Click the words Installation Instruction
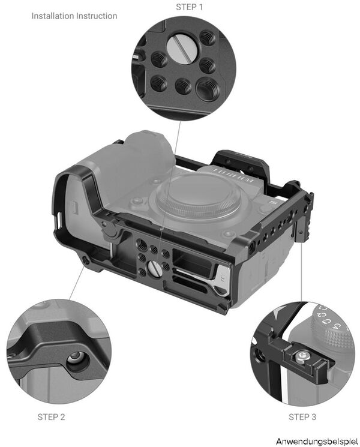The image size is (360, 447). point(74,16)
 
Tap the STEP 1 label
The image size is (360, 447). point(190,7)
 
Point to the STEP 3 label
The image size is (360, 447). point(302,416)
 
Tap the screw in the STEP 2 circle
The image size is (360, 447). point(76,358)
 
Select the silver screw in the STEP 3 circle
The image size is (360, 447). point(299,358)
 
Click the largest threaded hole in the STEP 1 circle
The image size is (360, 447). point(206,90)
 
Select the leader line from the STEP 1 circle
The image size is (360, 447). point(173,174)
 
